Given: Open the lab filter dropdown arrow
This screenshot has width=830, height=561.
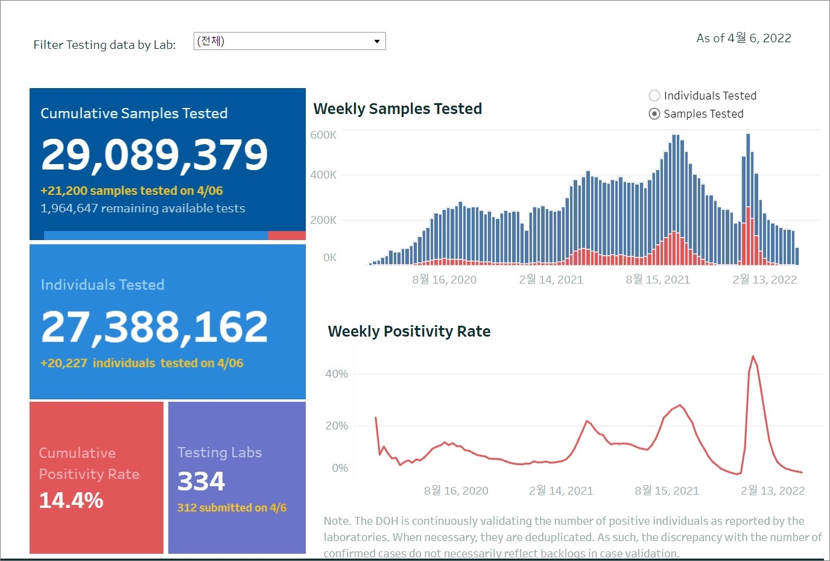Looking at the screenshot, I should pos(377,42).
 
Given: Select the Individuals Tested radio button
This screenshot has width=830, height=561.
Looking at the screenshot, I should pos(654,95).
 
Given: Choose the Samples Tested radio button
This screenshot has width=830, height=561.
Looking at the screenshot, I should pos(654,114).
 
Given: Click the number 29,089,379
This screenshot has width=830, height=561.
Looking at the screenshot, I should pos(154,154).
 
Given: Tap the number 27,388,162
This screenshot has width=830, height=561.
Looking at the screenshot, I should pos(154,327).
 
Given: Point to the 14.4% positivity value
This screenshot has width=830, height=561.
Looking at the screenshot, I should pos(71,501).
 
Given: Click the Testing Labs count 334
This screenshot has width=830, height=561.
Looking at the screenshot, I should pos(201,481).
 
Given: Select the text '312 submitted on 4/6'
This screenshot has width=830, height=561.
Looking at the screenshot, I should pos(232,508).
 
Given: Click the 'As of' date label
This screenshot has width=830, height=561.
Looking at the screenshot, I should pos(743,38).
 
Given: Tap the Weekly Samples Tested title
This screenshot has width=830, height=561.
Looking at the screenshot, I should pos(398,109).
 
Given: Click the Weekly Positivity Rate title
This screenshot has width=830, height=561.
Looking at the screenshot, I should pos(409,331).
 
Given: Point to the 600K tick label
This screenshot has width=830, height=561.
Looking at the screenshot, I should pos(323,135).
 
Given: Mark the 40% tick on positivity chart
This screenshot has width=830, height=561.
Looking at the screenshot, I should pos(337,374).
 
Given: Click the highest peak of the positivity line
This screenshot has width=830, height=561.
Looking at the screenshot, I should pos(753,357).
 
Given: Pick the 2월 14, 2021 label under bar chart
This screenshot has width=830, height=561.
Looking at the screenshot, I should pos(551,280).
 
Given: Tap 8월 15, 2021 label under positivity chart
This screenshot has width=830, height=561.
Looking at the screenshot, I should pos(667,491).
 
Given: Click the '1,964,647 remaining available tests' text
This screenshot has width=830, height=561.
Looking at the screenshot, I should pos(143,209).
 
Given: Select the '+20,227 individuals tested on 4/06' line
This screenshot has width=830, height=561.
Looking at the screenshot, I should pos(142,363).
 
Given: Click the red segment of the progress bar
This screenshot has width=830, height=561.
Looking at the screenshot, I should pos(287,235).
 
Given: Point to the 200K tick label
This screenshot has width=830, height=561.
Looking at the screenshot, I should pos(323,220).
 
